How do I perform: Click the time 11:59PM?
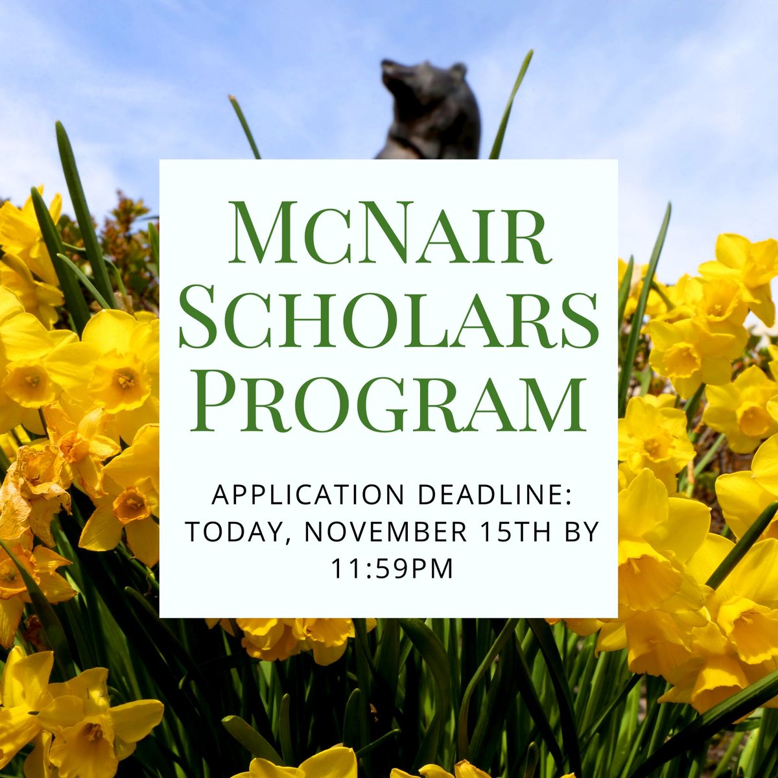[388, 569]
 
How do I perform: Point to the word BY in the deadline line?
[578, 533]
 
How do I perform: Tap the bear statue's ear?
[458, 70]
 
